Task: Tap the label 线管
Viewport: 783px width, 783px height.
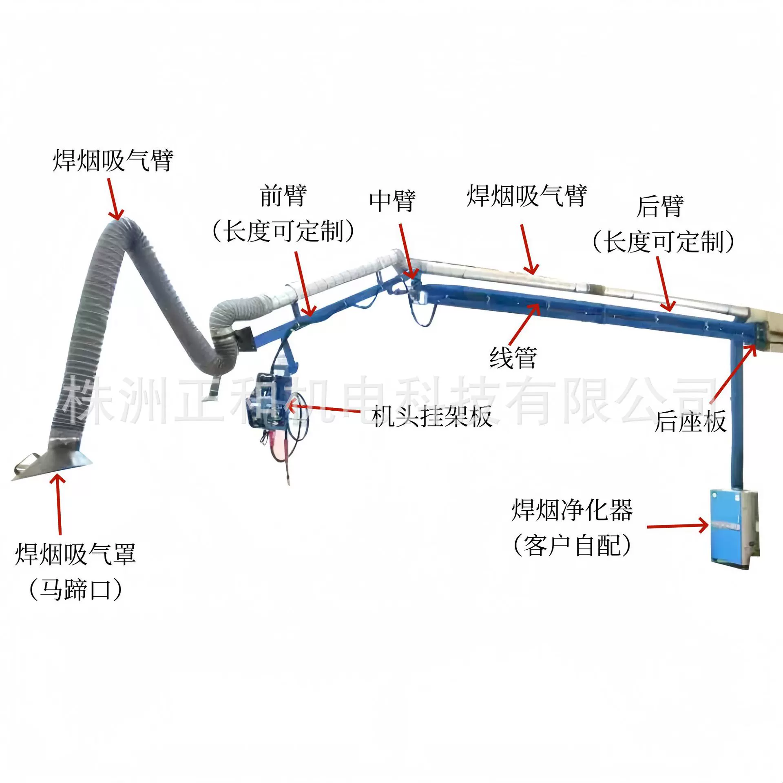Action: [513, 358]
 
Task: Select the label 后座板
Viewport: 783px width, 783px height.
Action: [690, 421]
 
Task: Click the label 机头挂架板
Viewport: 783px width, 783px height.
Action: [431, 417]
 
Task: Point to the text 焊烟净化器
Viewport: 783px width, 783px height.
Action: [572, 510]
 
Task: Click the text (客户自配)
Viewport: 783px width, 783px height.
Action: [572, 546]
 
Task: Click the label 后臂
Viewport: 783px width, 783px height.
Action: [660, 206]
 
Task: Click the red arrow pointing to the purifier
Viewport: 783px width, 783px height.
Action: [677, 526]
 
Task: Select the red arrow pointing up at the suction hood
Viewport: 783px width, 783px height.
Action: [59, 504]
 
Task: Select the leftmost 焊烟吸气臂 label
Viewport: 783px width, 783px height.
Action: [113, 160]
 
